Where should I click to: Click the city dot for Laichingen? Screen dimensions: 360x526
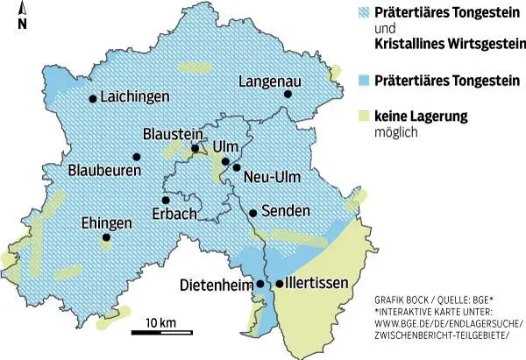coord(92,99)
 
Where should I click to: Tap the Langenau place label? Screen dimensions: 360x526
coord(270,81)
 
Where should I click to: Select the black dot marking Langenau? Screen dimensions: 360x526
coord(287,95)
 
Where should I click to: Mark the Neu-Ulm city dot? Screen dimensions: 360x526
coord(236,166)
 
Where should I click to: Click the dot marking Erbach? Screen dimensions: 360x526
coord(166,200)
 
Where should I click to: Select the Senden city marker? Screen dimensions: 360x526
coord(252,213)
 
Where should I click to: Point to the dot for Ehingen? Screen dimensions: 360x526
coord(106,237)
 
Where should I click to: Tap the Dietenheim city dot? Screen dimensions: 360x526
coord(259,284)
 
